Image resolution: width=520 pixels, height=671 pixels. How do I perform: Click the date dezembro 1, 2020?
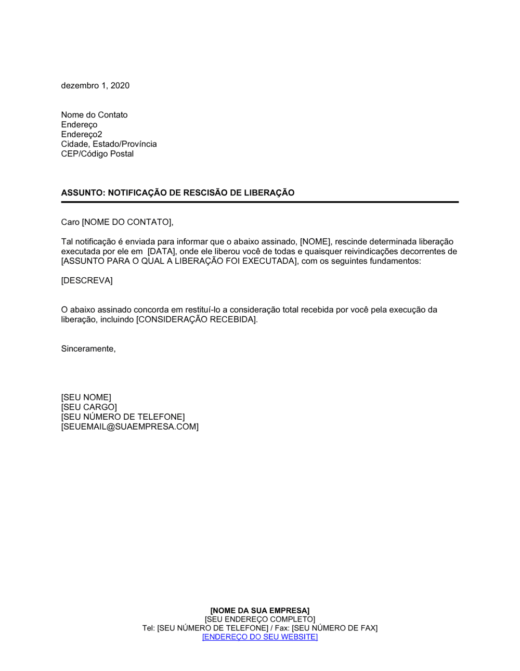(x=95, y=86)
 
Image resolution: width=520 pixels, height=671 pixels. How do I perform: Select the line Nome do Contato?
(x=94, y=115)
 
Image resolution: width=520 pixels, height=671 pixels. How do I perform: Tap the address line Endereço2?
(x=82, y=134)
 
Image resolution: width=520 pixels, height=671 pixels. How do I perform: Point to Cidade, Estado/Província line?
(x=109, y=144)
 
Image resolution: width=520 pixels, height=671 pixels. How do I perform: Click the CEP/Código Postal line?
(x=97, y=154)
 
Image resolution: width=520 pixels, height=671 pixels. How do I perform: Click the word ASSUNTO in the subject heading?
(x=82, y=193)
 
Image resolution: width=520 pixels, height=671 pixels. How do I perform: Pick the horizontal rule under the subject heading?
(x=260, y=202)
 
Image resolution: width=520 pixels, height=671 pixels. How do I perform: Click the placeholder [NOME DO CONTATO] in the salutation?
(x=126, y=223)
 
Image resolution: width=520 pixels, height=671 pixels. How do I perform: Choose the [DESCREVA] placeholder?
(x=87, y=281)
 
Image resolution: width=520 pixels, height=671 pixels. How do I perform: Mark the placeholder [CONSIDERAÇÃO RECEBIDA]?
(x=197, y=320)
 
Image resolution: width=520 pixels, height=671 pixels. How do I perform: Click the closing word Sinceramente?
(x=88, y=349)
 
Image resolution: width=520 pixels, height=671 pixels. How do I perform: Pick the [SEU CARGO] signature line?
(x=89, y=407)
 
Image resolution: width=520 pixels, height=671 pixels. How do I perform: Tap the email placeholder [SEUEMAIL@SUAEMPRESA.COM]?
(x=129, y=427)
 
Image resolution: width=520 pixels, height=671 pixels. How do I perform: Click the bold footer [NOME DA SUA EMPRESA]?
(x=259, y=611)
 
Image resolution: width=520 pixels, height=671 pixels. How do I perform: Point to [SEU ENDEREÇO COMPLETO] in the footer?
(x=259, y=620)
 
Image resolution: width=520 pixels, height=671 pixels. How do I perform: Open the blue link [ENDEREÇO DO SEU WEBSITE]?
(x=259, y=637)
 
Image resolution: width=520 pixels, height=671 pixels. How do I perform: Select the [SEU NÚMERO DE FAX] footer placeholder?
(x=334, y=628)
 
